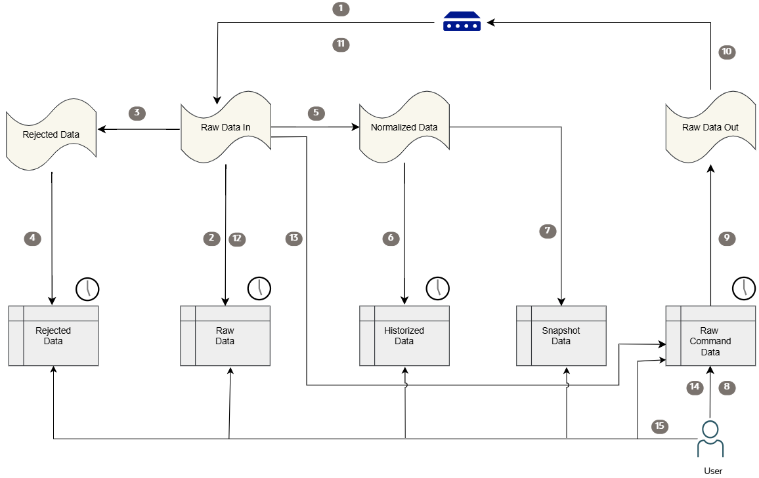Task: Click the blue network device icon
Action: coord(462,22)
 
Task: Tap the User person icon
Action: coord(710,439)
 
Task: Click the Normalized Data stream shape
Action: coord(404,127)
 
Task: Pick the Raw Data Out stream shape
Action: coord(710,127)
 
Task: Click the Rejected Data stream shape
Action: coord(51,134)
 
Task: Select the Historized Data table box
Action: coord(404,336)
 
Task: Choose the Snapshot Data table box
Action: coord(561,336)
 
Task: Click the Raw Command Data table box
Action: coord(710,336)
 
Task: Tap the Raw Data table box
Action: coord(225,336)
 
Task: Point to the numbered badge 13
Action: coord(294,238)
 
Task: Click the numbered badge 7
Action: coord(548,231)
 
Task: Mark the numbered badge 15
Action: coord(660,426)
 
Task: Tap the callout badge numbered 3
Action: coord(137,113)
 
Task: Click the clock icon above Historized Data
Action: coord(438,288)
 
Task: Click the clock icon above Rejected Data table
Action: coord(87,288)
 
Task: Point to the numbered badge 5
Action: coord(316,113)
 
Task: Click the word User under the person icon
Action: coord(713,470)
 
